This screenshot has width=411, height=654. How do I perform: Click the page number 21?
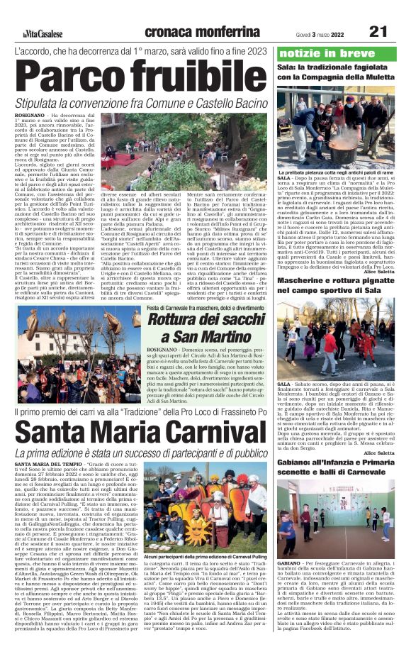pyautogui.click(x=378, y=32)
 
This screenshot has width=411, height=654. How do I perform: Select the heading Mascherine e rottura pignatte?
pyautogui.click(x=334, y=286)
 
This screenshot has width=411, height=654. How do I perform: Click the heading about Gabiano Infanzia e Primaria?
pyautogui.click(x=334, y=468)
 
